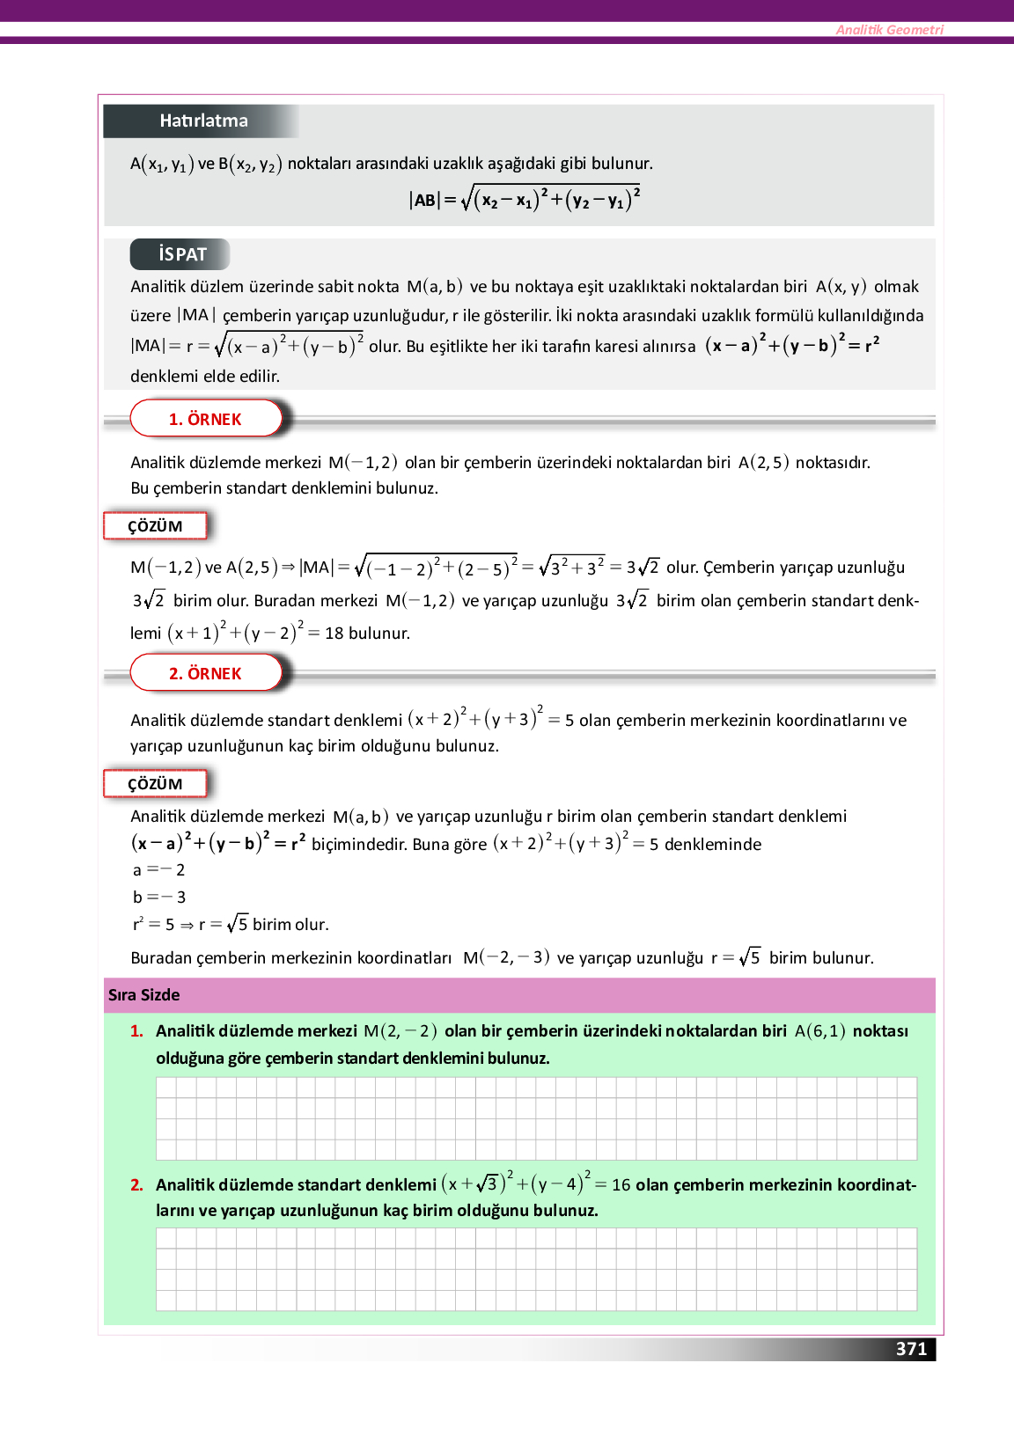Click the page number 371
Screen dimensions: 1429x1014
pos(911,1349)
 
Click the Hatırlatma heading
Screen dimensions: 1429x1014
pos(203,121)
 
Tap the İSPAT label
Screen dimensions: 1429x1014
pos(182,254)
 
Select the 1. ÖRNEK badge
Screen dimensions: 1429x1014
pos(205,419)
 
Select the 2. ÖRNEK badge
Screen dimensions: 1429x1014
pos(205,673)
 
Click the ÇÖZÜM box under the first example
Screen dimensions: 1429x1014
pos(155,526)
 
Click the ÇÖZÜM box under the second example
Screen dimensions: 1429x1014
pos(155,784)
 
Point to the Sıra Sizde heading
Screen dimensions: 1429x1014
pos(143,995)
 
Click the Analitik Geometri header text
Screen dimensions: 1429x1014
pos(889,30)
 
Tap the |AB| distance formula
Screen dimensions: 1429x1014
pos(524,200)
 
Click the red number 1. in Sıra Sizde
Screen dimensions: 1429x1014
pos(136,1031)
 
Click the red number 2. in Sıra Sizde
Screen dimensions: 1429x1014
pos(136,1185)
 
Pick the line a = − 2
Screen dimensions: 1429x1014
pos(158,870)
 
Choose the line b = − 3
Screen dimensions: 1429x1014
pos(158,898)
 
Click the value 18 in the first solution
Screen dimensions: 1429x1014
pos(334,634)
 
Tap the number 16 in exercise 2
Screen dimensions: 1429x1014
pos(621,1185)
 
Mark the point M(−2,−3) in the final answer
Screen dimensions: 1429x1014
pos(506,957)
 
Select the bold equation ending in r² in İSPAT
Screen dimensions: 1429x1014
pos(791,345)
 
